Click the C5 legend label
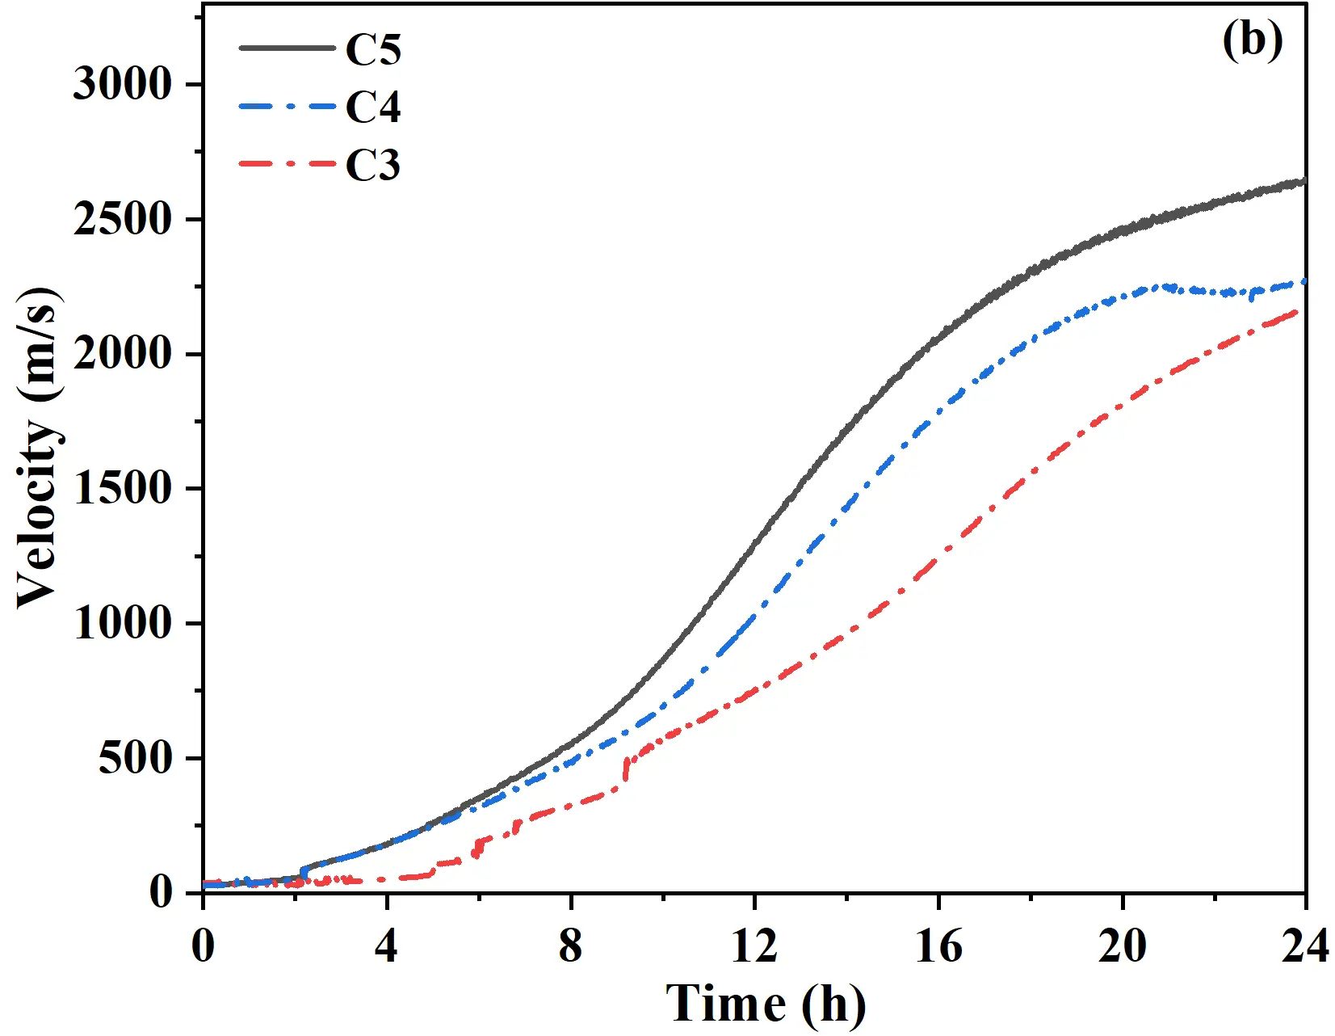372,49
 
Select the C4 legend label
372,107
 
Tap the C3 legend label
372,166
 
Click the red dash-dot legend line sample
287,164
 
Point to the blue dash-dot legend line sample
287,106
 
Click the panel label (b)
1251,40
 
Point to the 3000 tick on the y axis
123,84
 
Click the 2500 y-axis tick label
123,219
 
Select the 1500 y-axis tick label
123,488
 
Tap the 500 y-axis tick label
135,758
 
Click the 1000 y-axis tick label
123,623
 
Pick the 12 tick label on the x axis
754,945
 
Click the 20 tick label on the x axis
1122,945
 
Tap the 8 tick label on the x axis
570,945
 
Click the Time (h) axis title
765,1004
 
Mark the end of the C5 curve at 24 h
1303,182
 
